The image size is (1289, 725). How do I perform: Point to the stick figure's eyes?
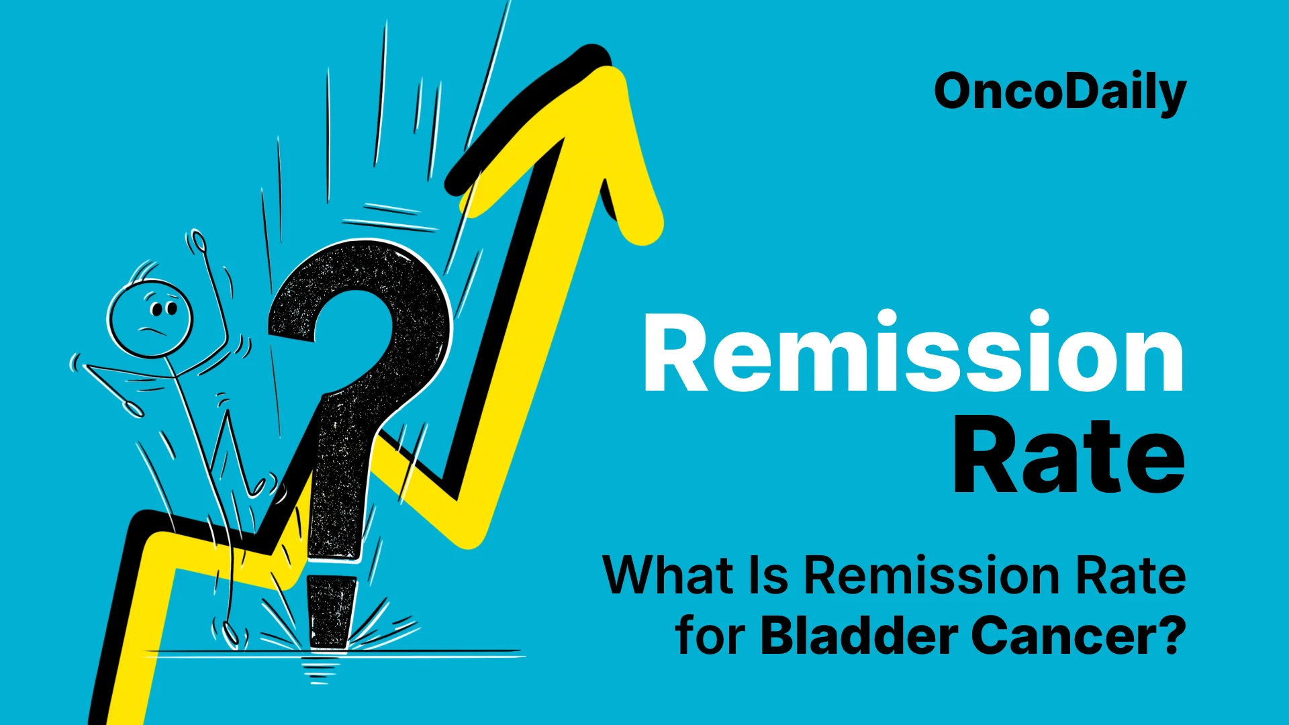coord(163,309)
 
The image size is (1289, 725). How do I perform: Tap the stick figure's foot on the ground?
coord(231,634)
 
